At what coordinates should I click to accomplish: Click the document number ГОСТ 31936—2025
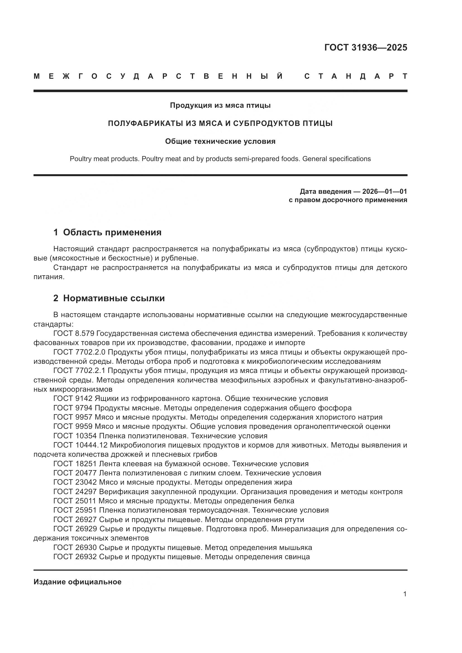click(x=366, y=47)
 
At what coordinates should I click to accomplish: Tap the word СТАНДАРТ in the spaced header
click(x=356, y=76)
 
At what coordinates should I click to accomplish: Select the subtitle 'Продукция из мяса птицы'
click(x=220, y=106)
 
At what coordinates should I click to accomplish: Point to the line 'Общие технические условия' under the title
click(x=220, y=141)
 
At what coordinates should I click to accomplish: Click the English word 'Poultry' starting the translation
click(x=80, y=159)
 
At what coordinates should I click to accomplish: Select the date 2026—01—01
click(x=385, y=192)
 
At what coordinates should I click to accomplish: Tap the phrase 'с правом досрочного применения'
click(x=348, y=200)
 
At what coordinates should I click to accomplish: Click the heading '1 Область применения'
click(x=107, y=232)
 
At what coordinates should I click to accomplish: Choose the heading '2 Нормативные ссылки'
click(x=109, y=298)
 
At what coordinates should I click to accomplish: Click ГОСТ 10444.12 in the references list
click(x=80, y=445)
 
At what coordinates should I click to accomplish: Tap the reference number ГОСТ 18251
click(x=75, y=464)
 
